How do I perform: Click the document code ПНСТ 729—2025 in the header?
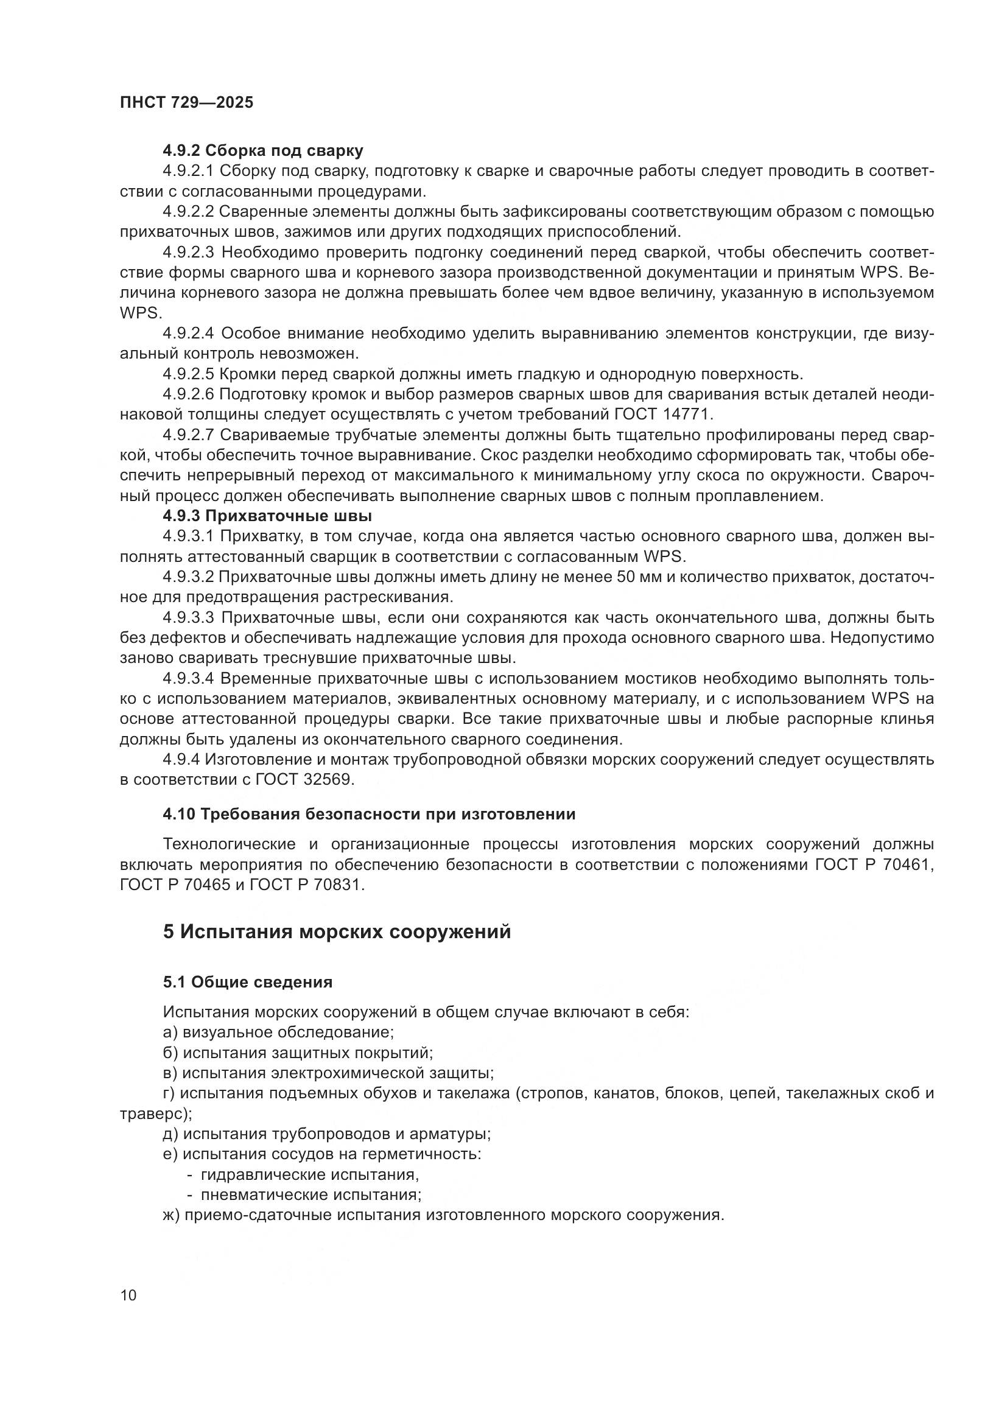pyautogui.click(x=187, y=103)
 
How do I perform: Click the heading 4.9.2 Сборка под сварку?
pyautogui.click(x=263, y=151)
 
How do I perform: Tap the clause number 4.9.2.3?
pyautogui.click(x=189, y=253)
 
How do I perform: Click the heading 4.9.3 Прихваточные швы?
pyautogui.click(x=267, y=516)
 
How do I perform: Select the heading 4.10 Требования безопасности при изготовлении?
pyautogui.click(x=369, y=815)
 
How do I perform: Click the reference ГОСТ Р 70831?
pyautogui.click(x=306, y=885)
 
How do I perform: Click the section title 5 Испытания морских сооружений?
pyautogui.click(x=337, y=931)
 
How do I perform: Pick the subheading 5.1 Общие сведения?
pyautogui.click(x=247, y=982)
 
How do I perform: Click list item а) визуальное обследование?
pyautogui.click(x=278, y=1032)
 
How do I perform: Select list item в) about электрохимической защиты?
pyautogui.click(x=328, y=1072)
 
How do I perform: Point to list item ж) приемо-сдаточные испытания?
pyautogui.click(x=443, y=1215)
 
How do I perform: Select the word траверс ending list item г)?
pyautogui.click(x=153, y=1114)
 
